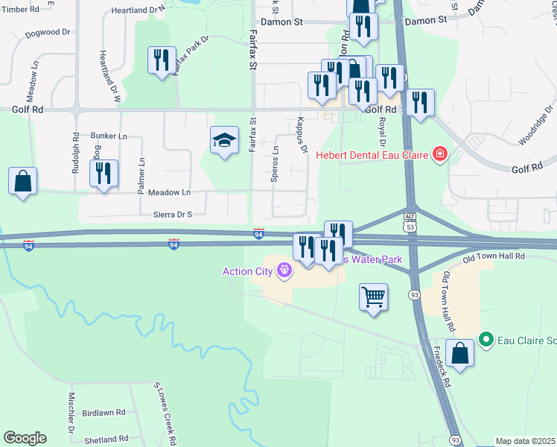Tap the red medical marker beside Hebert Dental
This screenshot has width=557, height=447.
440,155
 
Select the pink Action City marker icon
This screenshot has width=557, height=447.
283,271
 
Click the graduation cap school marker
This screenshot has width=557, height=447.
224,141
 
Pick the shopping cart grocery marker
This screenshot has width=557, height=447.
373,297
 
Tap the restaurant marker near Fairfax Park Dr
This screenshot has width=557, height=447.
162,60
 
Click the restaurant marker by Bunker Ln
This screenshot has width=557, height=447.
103,174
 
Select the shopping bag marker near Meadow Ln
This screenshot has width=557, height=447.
23,181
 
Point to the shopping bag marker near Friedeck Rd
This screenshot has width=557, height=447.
461,354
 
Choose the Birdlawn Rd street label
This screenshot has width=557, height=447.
104,412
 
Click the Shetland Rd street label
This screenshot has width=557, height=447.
106,440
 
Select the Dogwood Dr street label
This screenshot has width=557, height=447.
46,34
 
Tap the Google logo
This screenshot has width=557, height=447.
25,438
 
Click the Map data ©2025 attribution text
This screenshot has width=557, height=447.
525,441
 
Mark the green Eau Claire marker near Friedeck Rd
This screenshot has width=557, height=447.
486,340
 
